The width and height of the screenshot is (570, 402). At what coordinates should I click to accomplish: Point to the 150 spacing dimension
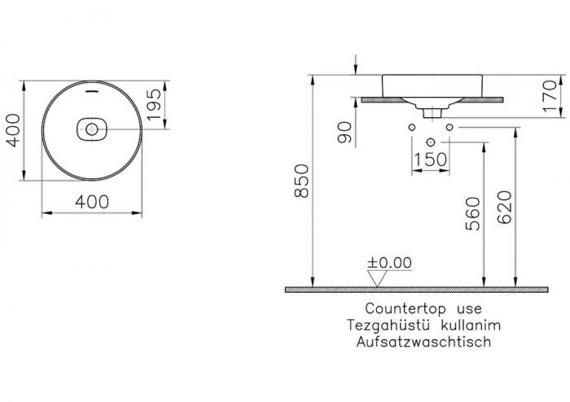pyautogui.click(x=431, y=159)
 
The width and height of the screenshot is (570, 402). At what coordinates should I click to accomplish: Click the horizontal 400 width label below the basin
pyautogui.click(x=91, y=201)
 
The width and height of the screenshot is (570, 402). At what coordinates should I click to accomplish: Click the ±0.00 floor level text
pyautogui.click(x=389, y=262)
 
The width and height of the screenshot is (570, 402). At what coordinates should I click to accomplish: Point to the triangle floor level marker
pyautogui.click(x=375, y=278)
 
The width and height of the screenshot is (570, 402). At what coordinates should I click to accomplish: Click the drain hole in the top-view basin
pyautogui.click(x=91, y=129)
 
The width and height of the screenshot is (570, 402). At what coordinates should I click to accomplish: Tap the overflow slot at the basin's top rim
pyautogui.click(x=91, y=92)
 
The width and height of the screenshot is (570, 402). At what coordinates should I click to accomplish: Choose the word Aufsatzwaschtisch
pyautogui.click(x=423, y=342)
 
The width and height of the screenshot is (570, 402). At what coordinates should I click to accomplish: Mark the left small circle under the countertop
pyautogui.click(x=411, y=128)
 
